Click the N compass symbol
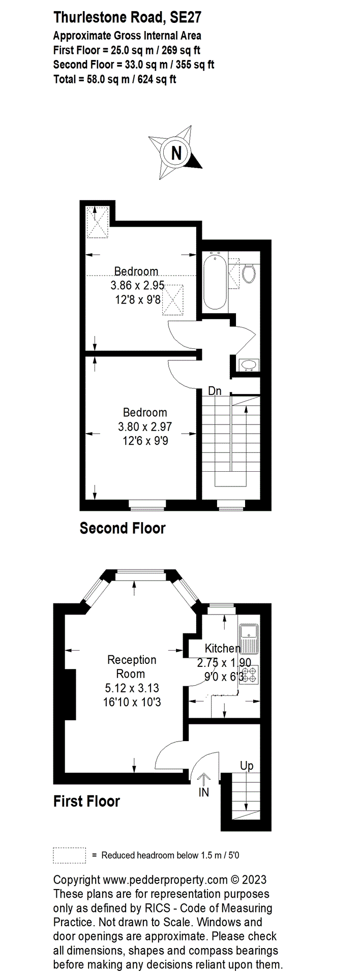point(176,152)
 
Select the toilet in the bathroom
point(249,273)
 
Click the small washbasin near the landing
point(249,364)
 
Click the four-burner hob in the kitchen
point(249,675)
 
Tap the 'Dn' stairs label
point(215,391)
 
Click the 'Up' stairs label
point(247,766)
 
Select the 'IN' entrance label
point(203,792)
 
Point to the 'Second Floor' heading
point(123,528)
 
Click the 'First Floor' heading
point(86,802)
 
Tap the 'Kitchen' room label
point(222,648)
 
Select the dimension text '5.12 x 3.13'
point(132,688)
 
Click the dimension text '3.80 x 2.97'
point(145,427)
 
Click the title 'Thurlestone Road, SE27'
point(127,18)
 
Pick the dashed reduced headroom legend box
point(69,855)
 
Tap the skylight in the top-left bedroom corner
point(97,222)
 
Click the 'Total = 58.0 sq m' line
point(114,79)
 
